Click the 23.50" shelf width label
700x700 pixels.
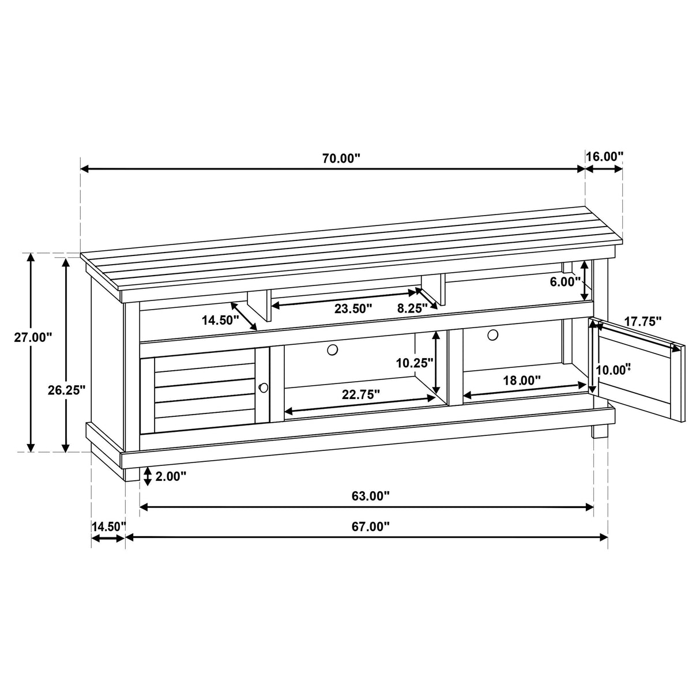353,308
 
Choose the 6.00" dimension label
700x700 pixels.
566,282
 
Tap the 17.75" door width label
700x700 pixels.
643,321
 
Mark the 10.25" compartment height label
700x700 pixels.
415,363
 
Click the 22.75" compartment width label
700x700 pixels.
361,395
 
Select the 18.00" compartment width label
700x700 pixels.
521,380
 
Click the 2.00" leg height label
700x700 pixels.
171,476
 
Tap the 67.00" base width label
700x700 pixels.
370,526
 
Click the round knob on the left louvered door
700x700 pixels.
264,387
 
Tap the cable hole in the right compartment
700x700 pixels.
492,334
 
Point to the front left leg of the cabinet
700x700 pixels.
132,474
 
